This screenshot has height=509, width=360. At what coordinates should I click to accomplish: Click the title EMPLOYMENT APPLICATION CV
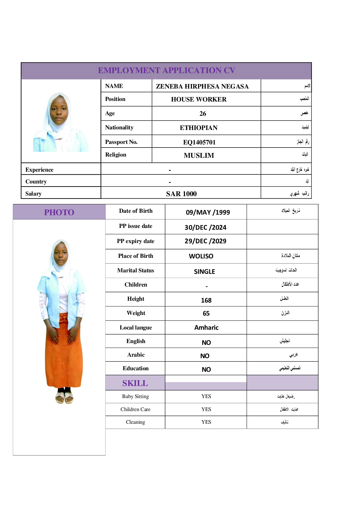[x=166, y=70]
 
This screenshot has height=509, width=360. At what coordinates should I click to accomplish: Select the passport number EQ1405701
[x=199, y=142]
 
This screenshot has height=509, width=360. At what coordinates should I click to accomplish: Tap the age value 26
[x=203, y=114]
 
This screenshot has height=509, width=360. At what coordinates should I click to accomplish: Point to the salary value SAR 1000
[x=181, y=194]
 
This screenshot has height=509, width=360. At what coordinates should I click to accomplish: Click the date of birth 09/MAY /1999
[x=208, y=212]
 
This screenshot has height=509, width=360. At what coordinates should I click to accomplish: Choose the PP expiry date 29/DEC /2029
[x=205, y=241]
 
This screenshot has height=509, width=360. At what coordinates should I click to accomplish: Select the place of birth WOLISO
[x=201, y=256]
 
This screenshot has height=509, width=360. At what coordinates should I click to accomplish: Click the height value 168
[x=206, y=300]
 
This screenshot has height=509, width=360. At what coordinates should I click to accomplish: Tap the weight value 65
[x=206, y=313]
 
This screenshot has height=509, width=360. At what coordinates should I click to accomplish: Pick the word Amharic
[x=206, y=328]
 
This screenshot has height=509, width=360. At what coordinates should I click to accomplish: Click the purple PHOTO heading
[x=59, y=212]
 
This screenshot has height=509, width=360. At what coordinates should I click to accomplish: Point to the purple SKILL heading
[x=135, y=383]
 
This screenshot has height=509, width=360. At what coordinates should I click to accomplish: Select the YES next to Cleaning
[x=206, y=422]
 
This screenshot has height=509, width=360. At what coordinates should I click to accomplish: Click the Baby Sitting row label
[x=135, y=396]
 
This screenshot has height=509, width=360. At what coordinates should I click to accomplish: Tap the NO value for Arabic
[x=205, y=356]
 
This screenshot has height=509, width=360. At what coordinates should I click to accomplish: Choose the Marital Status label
[x=135, y=271]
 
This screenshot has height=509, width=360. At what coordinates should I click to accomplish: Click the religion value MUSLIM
[x=199, y=155]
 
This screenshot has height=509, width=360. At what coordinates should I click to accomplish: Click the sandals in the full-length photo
[x=64, y=398]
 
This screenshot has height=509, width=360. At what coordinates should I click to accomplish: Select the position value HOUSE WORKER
[x=199, y=99]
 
